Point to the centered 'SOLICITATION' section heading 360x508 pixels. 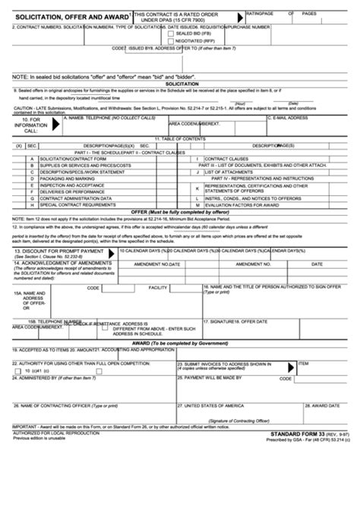(x=180, y=84)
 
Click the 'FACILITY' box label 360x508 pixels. (x=158, y=288)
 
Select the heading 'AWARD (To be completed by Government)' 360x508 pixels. (x=180, y=342)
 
